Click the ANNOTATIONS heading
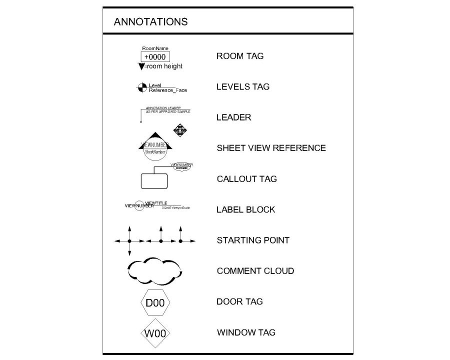[x=150, y=21]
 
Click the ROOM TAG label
[x=239, y=56]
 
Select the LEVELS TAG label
[x=242, y=86]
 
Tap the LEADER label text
[x=233, y=117]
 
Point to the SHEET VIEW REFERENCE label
[x=271, y=148]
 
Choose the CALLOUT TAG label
[x=246, y=179]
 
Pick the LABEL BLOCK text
[x=245, y=209]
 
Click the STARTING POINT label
[x=252, y=240]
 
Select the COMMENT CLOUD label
[x=255, y=271]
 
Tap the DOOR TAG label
[x=239, y=301]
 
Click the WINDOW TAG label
[x=246, y=332]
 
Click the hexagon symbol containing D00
[x=155, y=303]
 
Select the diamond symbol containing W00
[x=155, y=333]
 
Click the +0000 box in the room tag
[x=154, y=57]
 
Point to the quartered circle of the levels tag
[x=141, y=87]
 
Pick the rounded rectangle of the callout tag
[x=153, y=180]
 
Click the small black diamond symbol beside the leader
[x=179, y=131]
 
